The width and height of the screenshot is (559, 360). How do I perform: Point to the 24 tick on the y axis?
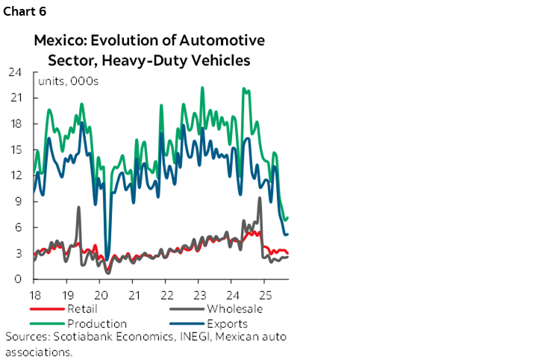click(14, 72)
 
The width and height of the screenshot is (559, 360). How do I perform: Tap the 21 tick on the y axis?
click(14, 98)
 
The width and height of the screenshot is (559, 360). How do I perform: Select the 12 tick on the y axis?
click(14, 176)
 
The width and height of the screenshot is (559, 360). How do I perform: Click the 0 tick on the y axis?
click(17, 279)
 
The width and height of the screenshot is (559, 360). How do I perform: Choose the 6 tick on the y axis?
click(17, 228)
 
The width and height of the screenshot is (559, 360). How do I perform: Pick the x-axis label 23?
click(200, 294)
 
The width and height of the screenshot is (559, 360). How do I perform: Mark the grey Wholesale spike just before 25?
click(259, 199)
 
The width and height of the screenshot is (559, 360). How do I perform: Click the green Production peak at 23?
click(202, 88)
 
